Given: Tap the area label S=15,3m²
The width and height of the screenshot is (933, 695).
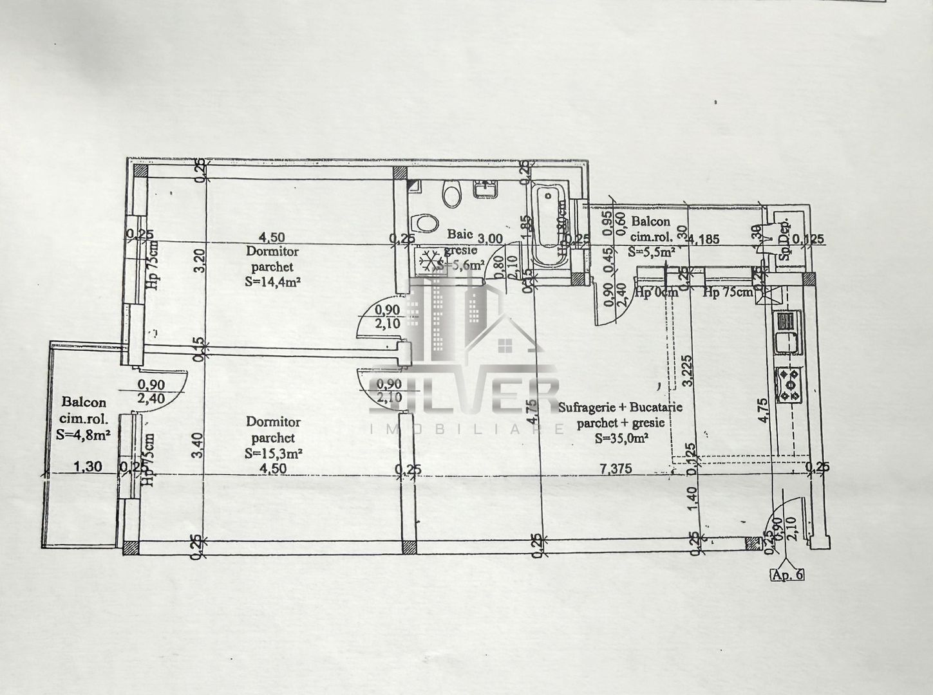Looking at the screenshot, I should [x=274, y=453].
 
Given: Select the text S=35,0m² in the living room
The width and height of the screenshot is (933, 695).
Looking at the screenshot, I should [x=621, y=438].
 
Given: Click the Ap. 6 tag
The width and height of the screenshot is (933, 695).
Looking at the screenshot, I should [x=787, y=575].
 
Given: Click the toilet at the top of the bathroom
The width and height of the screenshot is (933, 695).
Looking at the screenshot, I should [x=452, y=194].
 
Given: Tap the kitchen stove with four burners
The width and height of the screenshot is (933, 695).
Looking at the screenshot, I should [x=789, y=385].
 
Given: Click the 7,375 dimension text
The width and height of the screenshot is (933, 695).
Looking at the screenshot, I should [x=615, y=468].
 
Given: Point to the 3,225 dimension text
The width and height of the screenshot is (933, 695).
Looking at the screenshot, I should [x=686, y=370].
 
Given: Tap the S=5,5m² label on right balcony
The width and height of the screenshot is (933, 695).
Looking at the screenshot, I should [x=652, y=252].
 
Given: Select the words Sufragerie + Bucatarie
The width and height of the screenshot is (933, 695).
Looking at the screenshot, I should [x=621, y=407].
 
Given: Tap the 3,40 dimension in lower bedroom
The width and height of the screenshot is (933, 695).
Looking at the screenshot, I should [x=199, y=443].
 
